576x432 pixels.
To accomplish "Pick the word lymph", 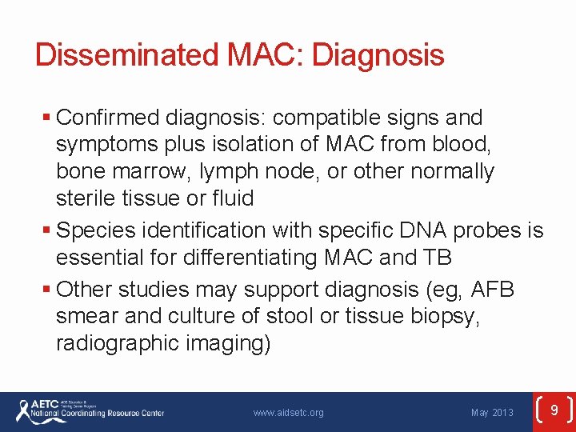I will point(230,172).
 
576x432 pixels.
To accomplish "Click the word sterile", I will point(84,198).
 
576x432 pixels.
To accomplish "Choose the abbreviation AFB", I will point(493,290).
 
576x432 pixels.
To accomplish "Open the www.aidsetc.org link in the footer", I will point(288,413).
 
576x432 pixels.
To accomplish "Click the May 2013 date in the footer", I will point(492,413).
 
